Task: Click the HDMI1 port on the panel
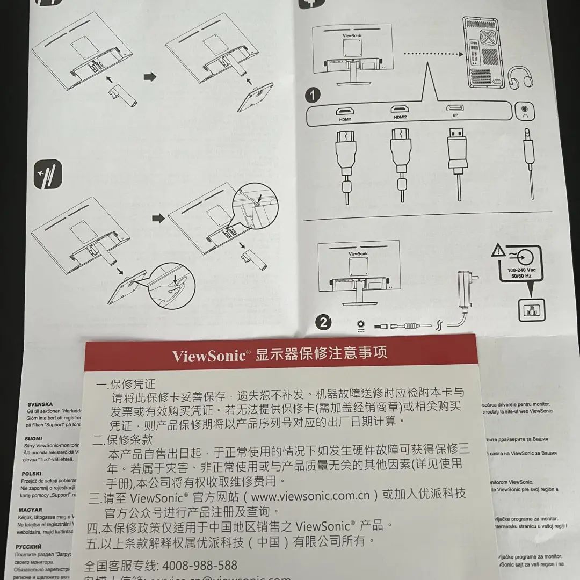click(344, 112)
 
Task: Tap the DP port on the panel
click(455, 109)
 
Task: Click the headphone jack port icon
click(525, 111)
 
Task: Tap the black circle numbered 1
click(313, 96)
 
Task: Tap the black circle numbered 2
click(323, 322)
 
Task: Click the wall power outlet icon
click(531, 310)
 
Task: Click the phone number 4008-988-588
click(199, 565)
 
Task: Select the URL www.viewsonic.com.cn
click(310, 495)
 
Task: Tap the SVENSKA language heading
click(40, 404)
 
